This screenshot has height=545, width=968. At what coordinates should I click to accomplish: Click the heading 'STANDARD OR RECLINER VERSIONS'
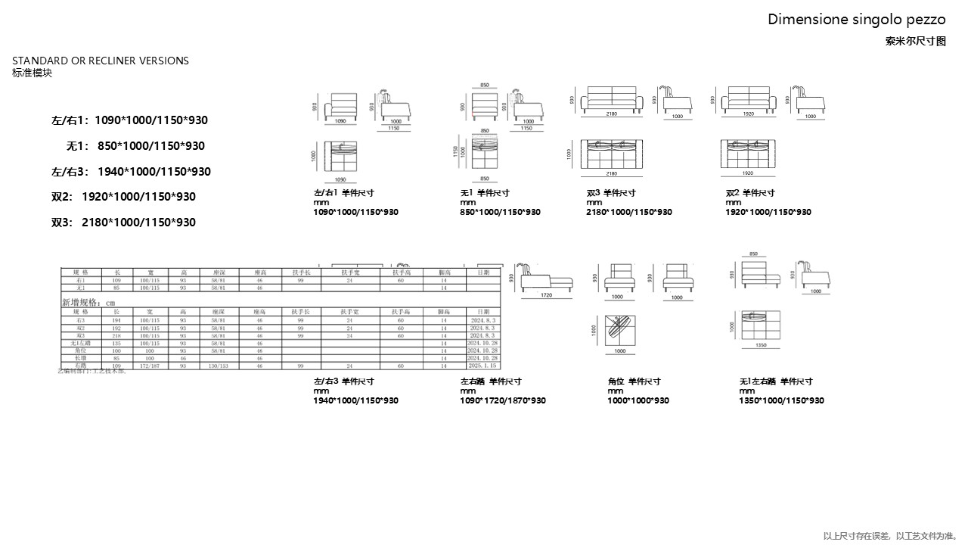tap(101, 61)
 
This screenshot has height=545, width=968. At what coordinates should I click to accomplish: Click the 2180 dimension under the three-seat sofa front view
tap(611, 114)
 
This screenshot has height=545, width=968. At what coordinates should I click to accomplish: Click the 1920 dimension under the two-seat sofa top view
tap(749, 173)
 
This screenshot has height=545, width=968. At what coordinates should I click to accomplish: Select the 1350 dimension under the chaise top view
tap(761, 344)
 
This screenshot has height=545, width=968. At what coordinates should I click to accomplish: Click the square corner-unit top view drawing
tap(619, 329)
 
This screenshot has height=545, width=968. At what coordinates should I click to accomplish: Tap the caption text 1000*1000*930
tap(638, 400)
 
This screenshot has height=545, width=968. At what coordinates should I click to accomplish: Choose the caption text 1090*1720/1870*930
tap(503, 400)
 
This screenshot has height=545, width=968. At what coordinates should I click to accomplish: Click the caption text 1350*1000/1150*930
tap(781, 400)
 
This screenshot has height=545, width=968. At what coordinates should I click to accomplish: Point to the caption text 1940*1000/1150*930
tap(355, 400)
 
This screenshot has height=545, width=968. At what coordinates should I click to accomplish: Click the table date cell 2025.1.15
tap(483, 366)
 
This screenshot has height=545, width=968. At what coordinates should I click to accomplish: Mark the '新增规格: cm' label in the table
tap(88, 301)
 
